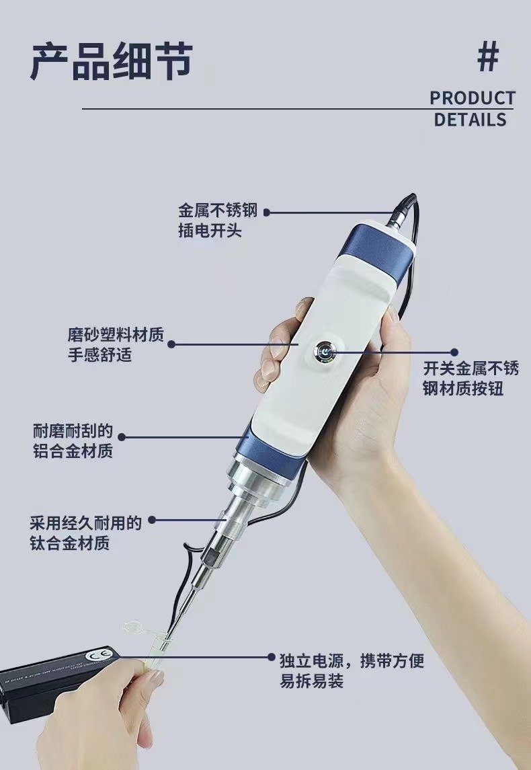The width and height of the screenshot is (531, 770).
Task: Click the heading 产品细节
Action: tap(112, 61)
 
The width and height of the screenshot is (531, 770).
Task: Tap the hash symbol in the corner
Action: tap(488, 56)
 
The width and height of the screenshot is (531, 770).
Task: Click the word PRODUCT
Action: tap(473, 98)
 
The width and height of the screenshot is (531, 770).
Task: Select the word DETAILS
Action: tap(470, 119)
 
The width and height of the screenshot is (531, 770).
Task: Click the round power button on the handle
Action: tap(325, 352)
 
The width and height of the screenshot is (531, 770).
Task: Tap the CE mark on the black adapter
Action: tap(93, 656)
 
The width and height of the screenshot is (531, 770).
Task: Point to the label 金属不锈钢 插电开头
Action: tap(217, 221)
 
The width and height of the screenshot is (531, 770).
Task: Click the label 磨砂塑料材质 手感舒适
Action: tap(116, 344)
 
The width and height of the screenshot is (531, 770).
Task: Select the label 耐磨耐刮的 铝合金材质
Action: tap(73, 440)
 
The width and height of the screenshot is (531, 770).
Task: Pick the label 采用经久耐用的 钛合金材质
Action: tap(85, 533)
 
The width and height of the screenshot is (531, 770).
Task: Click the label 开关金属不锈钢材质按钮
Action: tap(471, 378)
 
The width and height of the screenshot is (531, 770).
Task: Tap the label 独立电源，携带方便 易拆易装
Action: tap(352, 670)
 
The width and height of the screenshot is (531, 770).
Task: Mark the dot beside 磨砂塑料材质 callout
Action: tap(171, 344)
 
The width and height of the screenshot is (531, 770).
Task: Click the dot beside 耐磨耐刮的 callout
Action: tap(122, 436)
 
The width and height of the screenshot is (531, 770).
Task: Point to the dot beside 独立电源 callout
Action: tap(272, 656)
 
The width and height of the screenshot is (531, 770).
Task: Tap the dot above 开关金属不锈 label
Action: tap(454, 352)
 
